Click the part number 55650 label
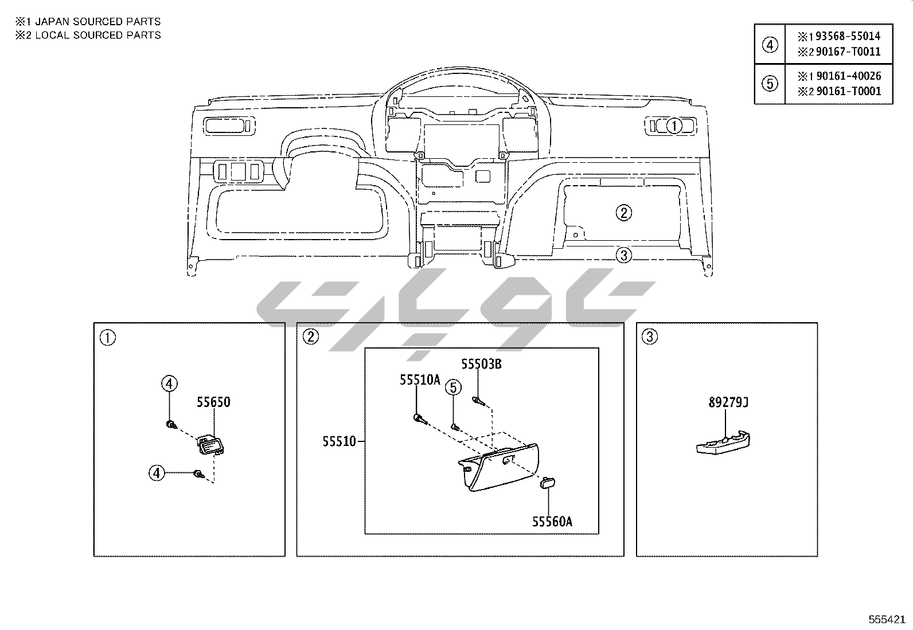pyautogui.click(x=213, y=402)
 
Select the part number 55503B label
pyautogui.click(x=481, y=364)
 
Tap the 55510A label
pyautogui.click(x=420, y=380)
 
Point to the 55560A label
pyautogui.click(x=552, y=522)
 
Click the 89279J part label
pyautogui.click(x=728, y=402)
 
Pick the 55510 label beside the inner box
pyautogui.click(x=339, y=441)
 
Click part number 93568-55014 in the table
pyautogui.click(x=848, y=36)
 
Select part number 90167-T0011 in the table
pyautogui.click(x=848, y=52)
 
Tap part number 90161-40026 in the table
pyautogui.click(x=849, y=76)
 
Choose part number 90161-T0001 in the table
pyautogui.click(x=849, y=91)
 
